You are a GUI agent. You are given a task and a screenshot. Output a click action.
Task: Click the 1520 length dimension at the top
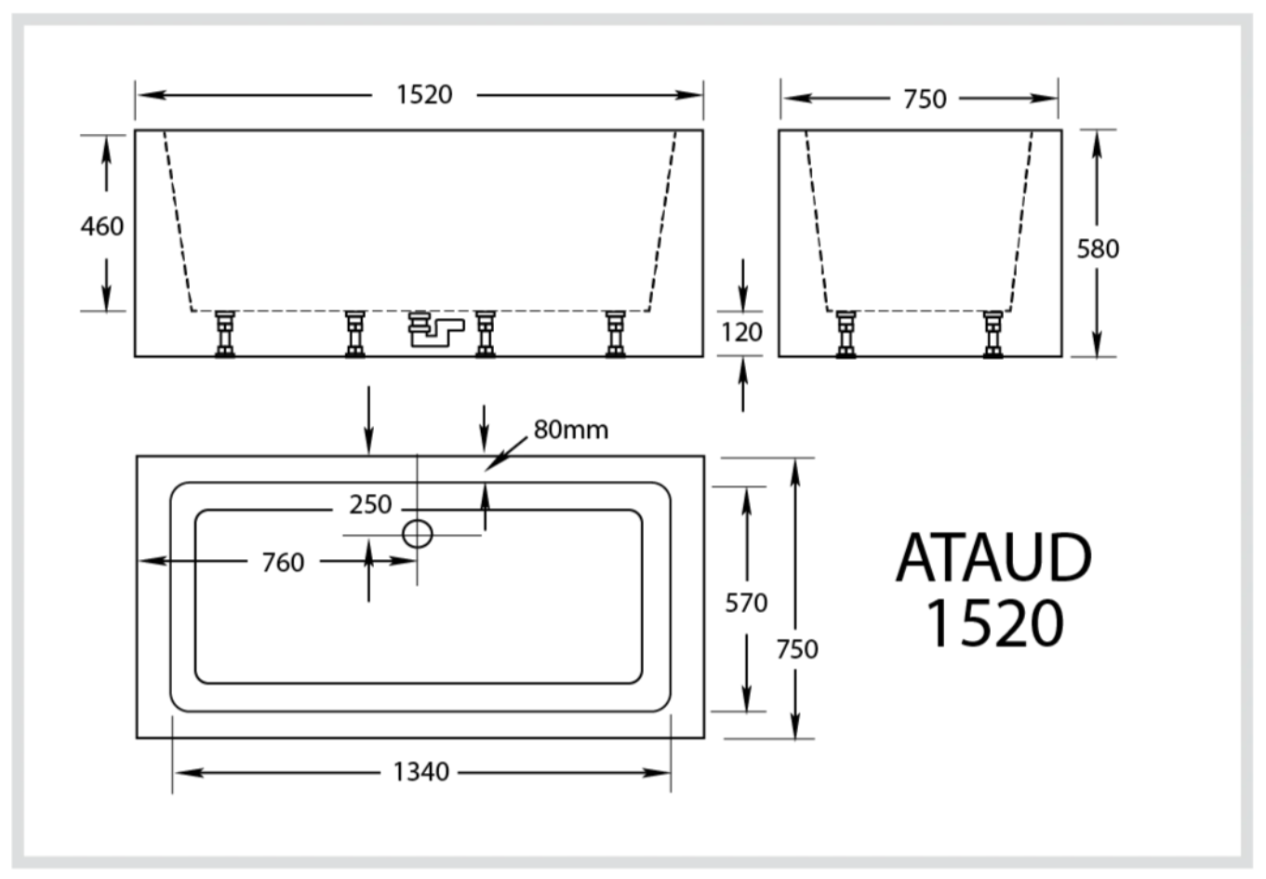point(424,95)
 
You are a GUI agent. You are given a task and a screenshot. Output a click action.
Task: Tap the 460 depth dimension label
point(101,226)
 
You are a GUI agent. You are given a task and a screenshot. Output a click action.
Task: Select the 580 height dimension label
point(1098,248)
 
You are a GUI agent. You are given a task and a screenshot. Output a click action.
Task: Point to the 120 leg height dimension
point(741,332)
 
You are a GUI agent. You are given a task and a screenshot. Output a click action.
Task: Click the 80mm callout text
point(571,430)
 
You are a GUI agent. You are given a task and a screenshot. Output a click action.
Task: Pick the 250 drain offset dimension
point(370,504)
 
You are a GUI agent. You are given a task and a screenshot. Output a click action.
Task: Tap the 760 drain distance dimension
point(283,562)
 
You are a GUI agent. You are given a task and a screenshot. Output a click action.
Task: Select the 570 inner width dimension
point(746,603)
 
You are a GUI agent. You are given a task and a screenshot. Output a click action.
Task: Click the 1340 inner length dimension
point(420,771)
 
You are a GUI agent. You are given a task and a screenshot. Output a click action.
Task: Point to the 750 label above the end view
point(925,99)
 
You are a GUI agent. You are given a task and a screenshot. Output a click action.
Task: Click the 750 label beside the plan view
point(797,648)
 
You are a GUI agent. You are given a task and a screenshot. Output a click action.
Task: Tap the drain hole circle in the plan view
point(418,534)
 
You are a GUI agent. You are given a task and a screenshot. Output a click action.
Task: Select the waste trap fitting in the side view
point(433,329)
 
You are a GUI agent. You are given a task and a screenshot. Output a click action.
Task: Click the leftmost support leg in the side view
point(225,334)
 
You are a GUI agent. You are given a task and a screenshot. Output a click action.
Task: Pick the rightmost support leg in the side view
point(615,334)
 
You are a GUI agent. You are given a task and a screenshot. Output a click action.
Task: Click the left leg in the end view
point(846,334)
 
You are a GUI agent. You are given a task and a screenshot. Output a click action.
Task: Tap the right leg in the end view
point(993,334)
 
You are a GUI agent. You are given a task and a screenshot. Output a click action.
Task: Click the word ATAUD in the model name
point(993,558)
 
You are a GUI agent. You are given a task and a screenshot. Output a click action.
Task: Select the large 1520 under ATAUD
point(994,623)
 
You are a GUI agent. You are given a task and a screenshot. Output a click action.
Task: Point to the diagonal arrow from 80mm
point(508,453)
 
